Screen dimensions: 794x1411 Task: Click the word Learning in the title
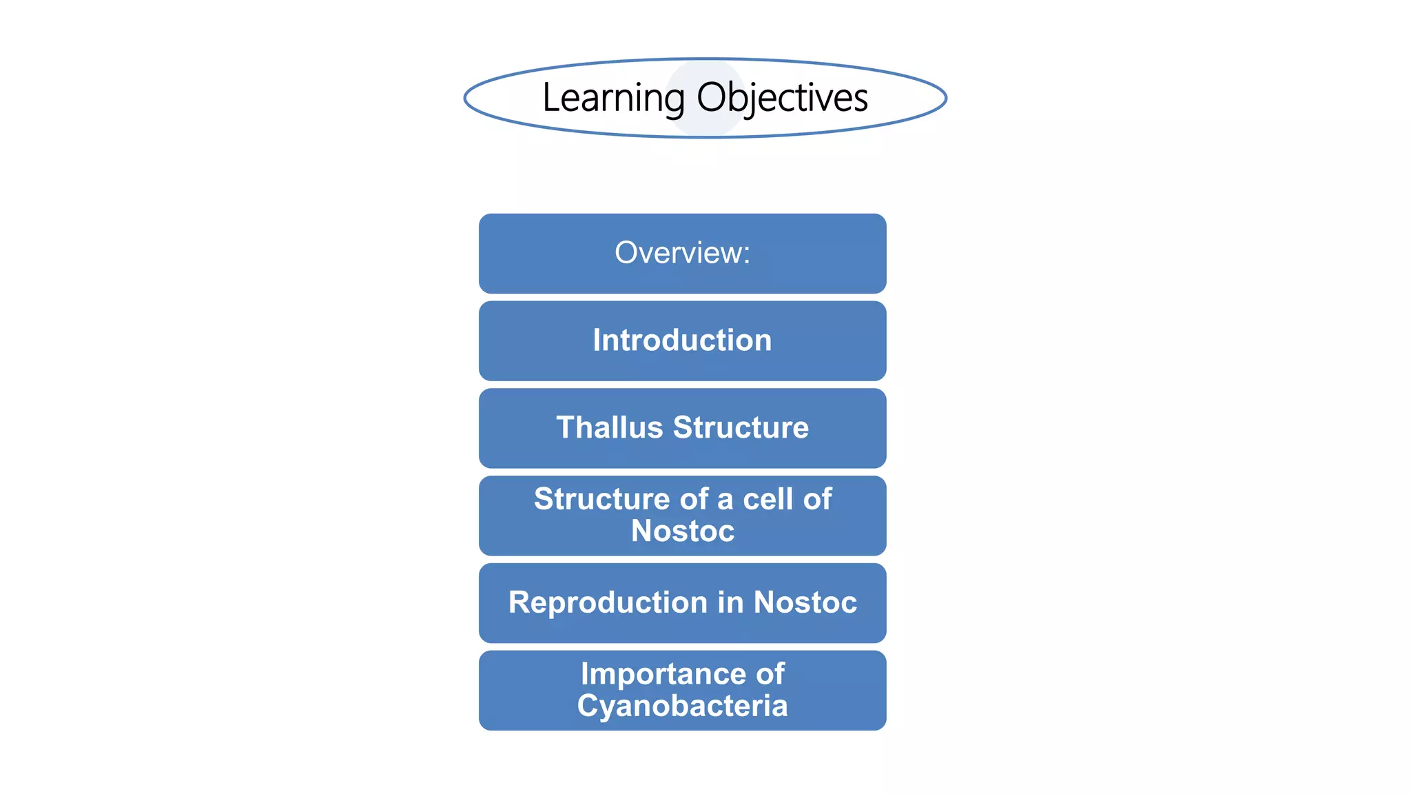[612, 98]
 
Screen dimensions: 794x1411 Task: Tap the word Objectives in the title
[782, 98]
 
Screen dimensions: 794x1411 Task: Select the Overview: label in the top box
[681, 253]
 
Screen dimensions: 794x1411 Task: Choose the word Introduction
[682, 340]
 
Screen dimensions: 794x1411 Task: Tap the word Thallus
[609, 427]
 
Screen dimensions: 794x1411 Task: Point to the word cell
[768, 499]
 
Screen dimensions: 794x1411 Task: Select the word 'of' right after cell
[817, 499]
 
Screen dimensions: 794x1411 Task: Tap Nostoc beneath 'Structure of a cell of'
[683, 531]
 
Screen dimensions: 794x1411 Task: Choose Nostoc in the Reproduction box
[805, 602]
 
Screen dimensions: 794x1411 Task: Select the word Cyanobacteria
[682, 706]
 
